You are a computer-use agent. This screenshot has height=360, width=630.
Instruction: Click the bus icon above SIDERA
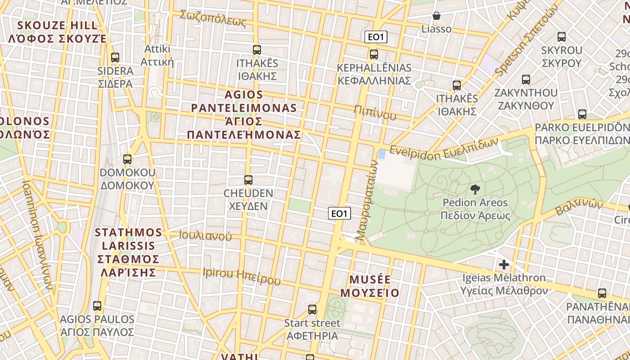coord(115,58)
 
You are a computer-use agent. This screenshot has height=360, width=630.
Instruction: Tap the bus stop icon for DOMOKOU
coord(127,159)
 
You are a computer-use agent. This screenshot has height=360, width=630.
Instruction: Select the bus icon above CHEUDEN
coord(248,180)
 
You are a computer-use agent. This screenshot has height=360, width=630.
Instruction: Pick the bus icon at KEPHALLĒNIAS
coord(374,55)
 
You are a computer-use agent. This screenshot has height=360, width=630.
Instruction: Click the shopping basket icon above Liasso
coord(436,16)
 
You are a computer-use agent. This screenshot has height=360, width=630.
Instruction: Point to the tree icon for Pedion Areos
coord(475,189)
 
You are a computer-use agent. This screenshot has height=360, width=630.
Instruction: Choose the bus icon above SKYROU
coord(562,37)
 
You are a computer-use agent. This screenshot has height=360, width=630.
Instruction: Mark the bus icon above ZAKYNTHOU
coord(526,80)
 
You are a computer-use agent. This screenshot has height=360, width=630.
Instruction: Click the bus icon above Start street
coord(312,310)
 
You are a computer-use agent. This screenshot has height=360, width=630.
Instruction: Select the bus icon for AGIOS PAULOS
coord(97,306)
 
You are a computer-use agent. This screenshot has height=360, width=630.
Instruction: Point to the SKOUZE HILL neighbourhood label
coord(58,31)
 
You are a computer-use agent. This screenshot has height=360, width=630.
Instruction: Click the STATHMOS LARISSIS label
coord(129,252)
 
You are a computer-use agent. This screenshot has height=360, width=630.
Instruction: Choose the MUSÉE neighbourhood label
coord(370,286)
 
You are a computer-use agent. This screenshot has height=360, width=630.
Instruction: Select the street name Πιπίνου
coord(375,112)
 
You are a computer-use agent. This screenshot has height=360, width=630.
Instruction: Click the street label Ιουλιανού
coord(205,235)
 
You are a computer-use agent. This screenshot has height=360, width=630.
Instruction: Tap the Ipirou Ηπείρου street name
coord(242,277)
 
